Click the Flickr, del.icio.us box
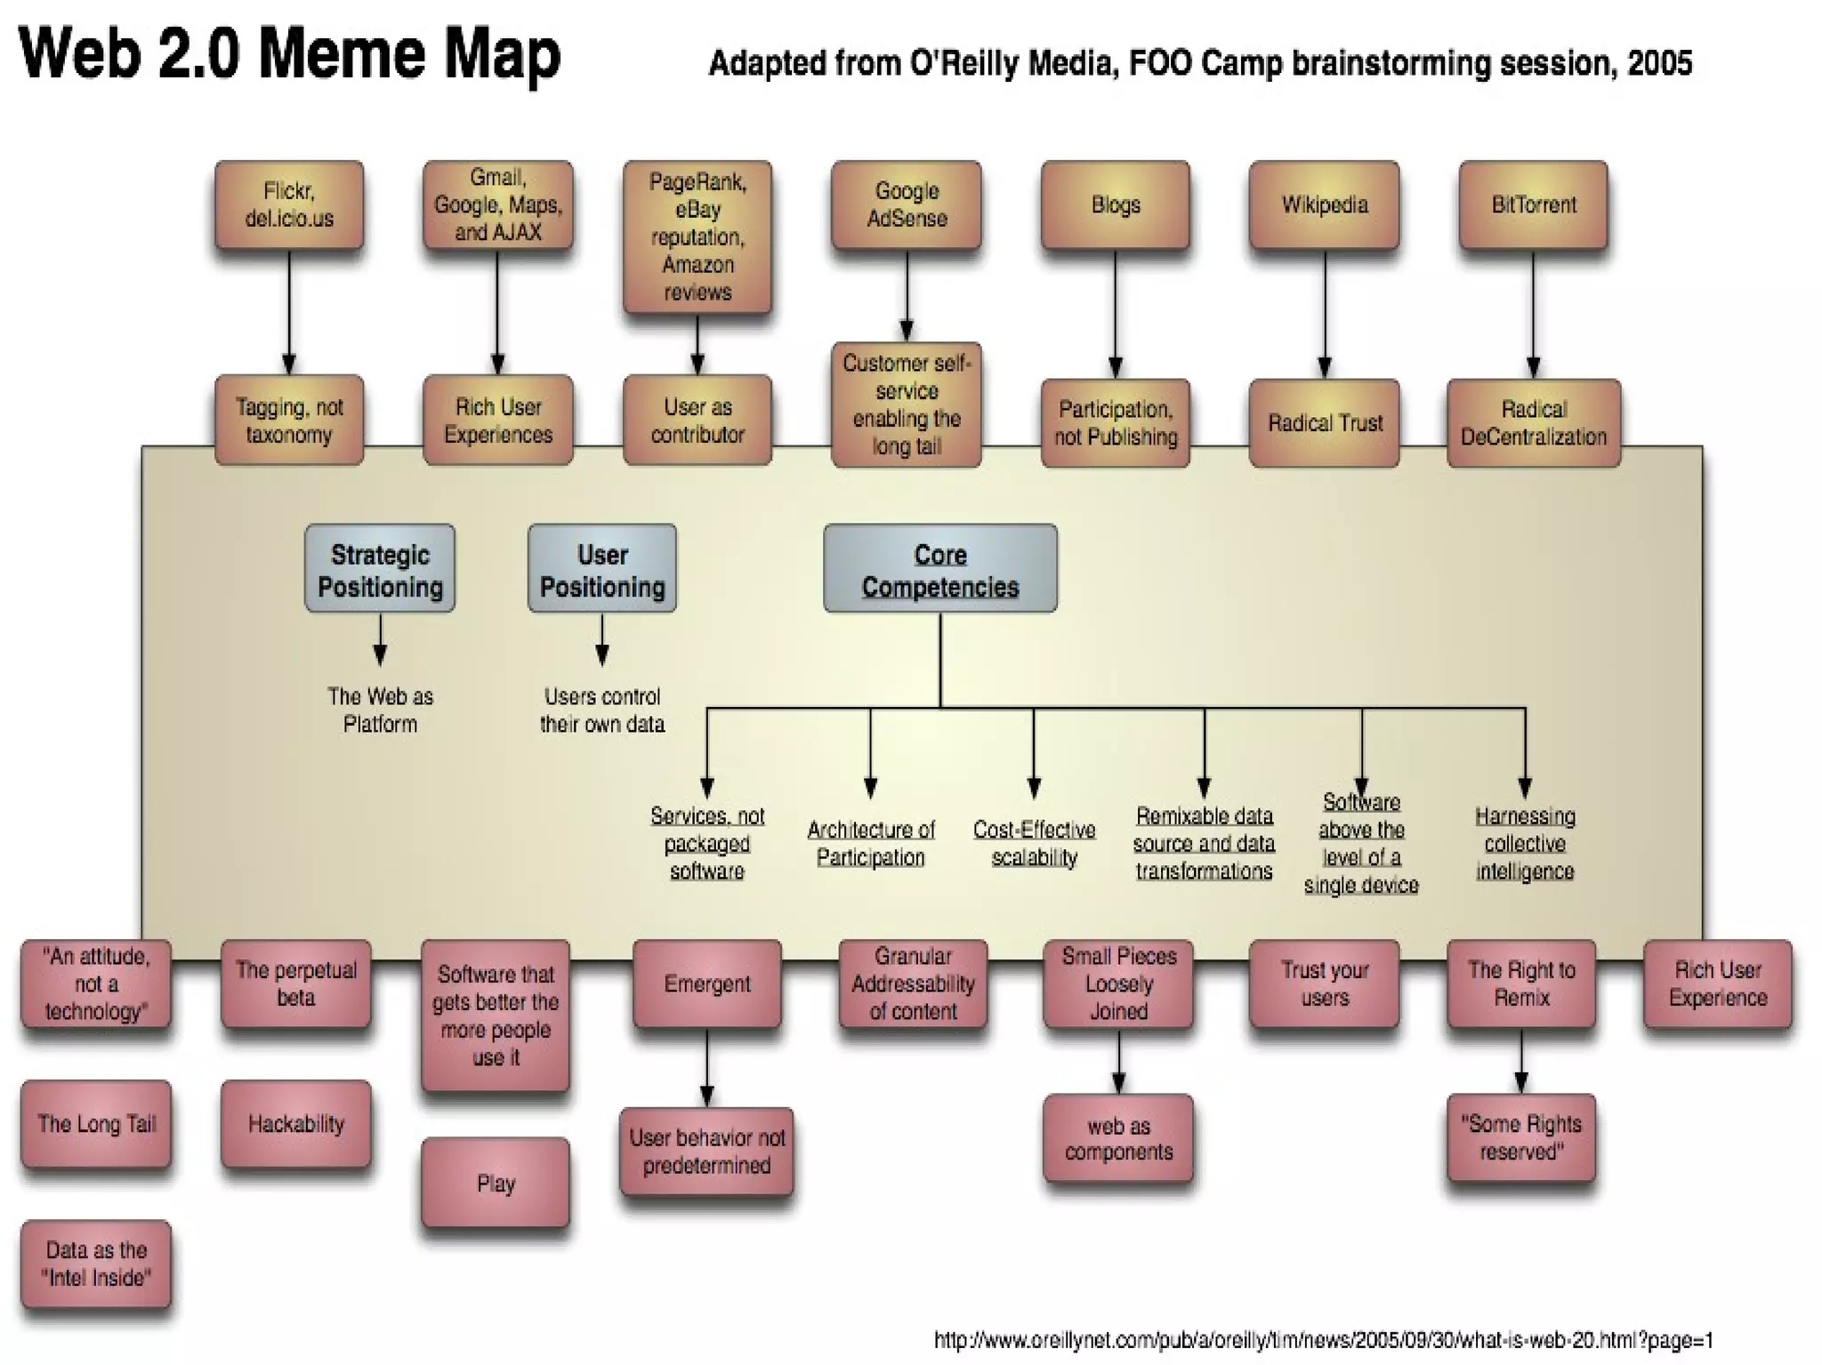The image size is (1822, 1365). click(x=289, y=205)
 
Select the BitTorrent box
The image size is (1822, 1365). click(x=1533, y=205)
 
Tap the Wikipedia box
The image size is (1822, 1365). click(x=1324, y=205)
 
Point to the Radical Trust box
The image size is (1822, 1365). click(x=1324, y=423)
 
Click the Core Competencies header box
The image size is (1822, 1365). click(x=940, y=569)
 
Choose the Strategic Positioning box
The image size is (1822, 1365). click(x=380, y=569)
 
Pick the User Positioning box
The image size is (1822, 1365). click(x=602, y=569)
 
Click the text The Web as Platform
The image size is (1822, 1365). click(x=380, y=710)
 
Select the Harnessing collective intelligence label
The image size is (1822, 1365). click(x=1525, y=843)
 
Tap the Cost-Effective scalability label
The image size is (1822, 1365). click(x=1034, y=843)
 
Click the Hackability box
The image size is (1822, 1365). click(x=296, y=1124)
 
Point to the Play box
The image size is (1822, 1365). click(x=496, y=1183)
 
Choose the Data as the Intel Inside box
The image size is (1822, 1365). click(x=96, y=1264)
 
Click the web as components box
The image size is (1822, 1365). click(x=1118, y=1138)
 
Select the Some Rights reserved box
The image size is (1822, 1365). click(x=1521, y=1137)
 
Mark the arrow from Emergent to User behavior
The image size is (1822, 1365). click(x=707, y=1067)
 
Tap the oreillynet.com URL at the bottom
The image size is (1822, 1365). click(x=1323, y=1339)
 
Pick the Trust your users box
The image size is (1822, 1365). click(x=1324, y=984)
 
